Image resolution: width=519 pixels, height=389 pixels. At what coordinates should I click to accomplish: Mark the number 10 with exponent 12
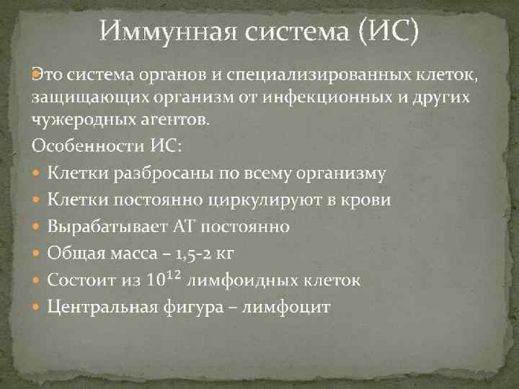(165, 279)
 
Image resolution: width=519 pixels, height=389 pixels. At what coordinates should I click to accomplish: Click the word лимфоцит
(286, 308)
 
